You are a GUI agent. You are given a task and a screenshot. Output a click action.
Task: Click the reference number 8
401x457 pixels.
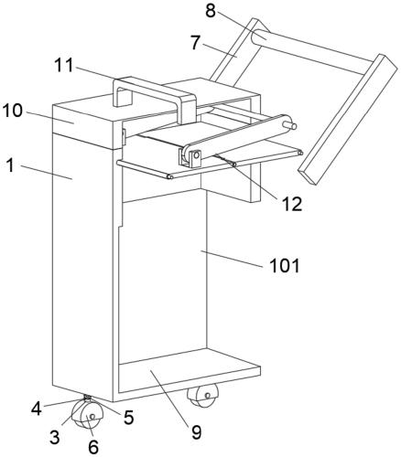click(211, 11)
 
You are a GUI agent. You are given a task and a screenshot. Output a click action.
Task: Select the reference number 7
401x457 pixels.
click(196, 43)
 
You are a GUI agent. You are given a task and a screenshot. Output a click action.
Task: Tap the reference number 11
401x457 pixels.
click(64, 65)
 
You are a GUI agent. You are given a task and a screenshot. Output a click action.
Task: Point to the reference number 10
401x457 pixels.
click(13, 111)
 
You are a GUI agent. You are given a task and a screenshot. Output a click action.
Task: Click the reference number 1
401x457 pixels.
click(11, 165)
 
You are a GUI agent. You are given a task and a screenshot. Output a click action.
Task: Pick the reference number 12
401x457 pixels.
click(292, 204)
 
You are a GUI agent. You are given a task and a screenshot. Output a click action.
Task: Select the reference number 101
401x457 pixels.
click(285, 265)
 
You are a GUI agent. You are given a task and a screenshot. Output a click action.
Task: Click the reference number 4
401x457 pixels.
click(36, 409)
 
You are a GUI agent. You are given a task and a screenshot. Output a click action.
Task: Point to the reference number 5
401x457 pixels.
click(129, 417)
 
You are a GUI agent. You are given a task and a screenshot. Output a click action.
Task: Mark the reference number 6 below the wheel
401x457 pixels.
click(93, 447)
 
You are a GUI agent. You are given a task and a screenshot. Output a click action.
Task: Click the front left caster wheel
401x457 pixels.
click(88, 414)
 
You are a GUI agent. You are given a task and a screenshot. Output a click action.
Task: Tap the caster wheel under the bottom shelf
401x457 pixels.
click(204, 395)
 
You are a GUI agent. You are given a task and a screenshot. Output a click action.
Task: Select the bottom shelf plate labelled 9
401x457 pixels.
click(190, 370)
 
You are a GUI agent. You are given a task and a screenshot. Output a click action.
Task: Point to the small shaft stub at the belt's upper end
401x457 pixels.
click(289, 124)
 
